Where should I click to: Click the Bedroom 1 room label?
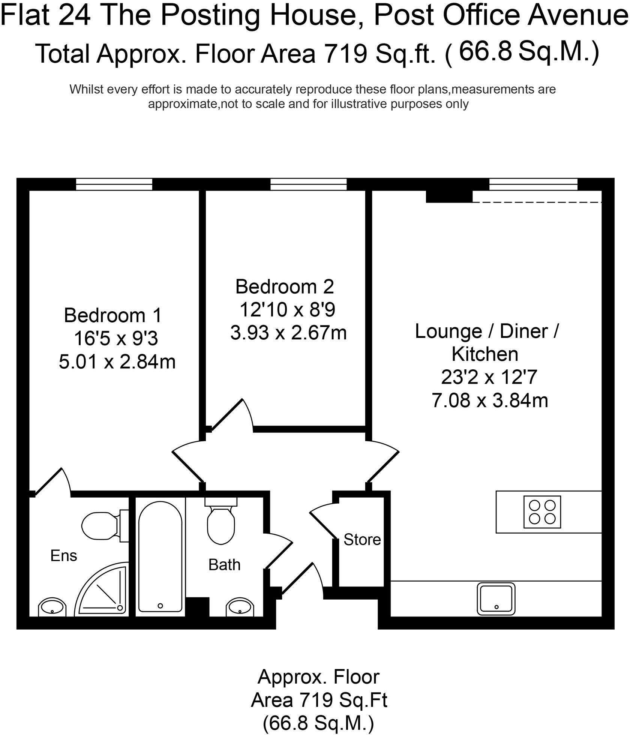coord(112,315)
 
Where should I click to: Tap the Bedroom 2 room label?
coord(285,287)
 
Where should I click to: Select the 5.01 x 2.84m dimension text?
coord(117,362)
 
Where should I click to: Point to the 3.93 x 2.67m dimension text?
coord(288,333)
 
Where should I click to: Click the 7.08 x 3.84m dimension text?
coord(490,400)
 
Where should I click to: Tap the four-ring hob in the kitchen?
coord(542,512)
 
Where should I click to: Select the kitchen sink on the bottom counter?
coord(496,599)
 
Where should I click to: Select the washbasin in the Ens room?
coord(52,607)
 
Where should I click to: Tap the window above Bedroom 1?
coord(114,184)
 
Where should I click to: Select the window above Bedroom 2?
coord(308,184)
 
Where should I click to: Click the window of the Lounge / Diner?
coord(533,184)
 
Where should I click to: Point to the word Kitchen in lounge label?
coord(485,354)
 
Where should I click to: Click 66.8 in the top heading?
coord(485,51)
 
